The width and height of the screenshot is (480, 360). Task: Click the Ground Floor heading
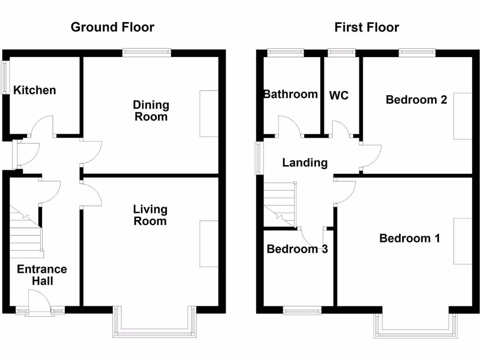[x=112, y=27]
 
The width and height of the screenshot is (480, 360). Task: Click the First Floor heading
[x=367, y=27]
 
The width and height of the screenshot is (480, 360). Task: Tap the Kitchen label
[x=35, y=90]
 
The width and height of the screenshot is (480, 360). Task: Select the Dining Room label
[x=151, y=111]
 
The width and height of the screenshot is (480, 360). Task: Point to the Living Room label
[x=150, y=215]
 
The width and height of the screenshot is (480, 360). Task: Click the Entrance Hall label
[x=42, y=275]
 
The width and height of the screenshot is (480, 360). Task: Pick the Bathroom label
[x=291, y=94]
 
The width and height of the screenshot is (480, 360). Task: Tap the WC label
[x=339, y=96]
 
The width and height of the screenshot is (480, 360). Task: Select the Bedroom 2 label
[x=416, y=99]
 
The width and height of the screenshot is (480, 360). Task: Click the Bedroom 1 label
[x=410, y=238]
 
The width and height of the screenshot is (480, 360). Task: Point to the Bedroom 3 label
[x=297, y=249]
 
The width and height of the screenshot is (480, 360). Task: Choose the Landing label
[x=305, y=163]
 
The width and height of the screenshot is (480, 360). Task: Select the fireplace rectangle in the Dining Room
[x=209, y=113]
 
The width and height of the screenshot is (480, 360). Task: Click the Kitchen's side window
[x=5, y=78]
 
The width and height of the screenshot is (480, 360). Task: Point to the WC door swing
[x=341, y=128]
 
